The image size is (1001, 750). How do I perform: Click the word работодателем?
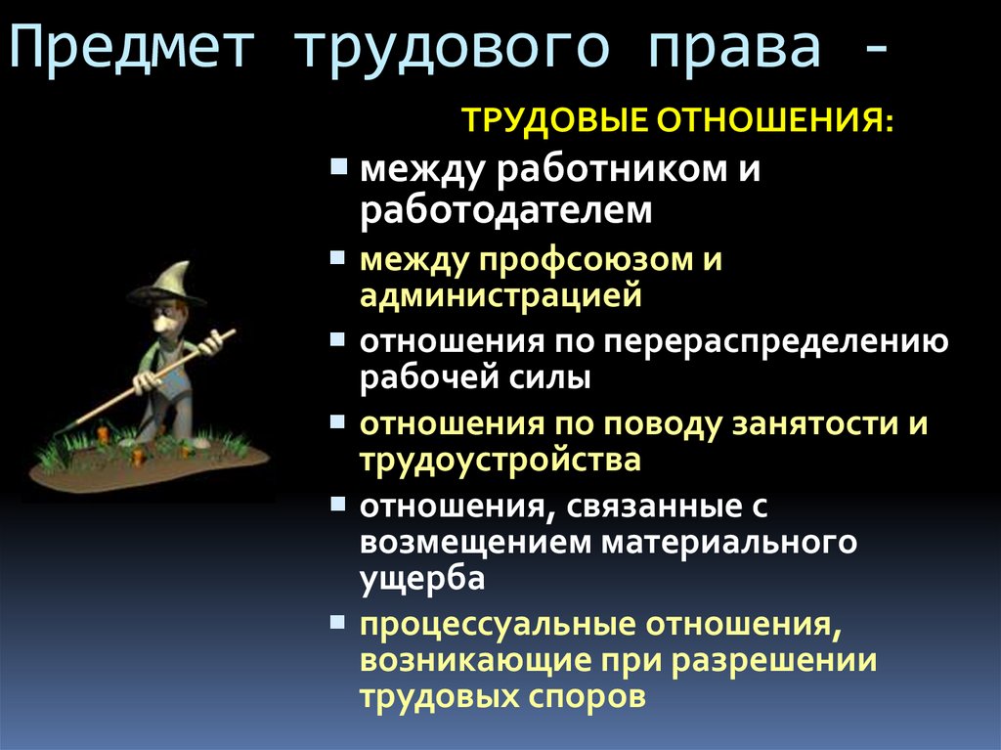[x=504, y=208]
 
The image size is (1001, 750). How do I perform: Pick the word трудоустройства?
[x=500, y=459]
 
